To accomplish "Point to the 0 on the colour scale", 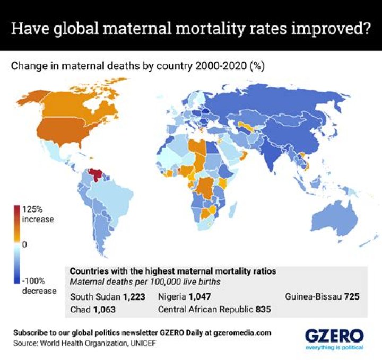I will [24, 245].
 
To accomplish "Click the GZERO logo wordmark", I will [334, 336].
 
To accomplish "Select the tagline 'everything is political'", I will [334, 348].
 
